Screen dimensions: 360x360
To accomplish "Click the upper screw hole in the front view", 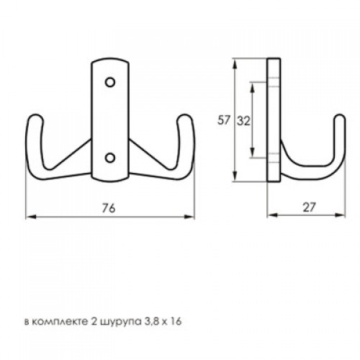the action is (110, 82).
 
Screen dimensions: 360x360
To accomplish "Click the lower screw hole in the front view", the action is (110, 158).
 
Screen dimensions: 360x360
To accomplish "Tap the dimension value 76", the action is (109, 208).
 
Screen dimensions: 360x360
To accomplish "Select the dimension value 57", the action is (224, 120).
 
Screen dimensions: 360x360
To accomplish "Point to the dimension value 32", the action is (243, 121).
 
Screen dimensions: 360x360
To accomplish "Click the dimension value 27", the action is (309, 207).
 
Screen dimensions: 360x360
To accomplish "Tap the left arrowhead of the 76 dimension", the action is (31, 217).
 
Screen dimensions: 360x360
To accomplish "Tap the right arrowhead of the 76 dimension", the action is (189, 217).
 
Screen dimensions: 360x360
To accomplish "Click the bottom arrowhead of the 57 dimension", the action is (235, 176).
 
